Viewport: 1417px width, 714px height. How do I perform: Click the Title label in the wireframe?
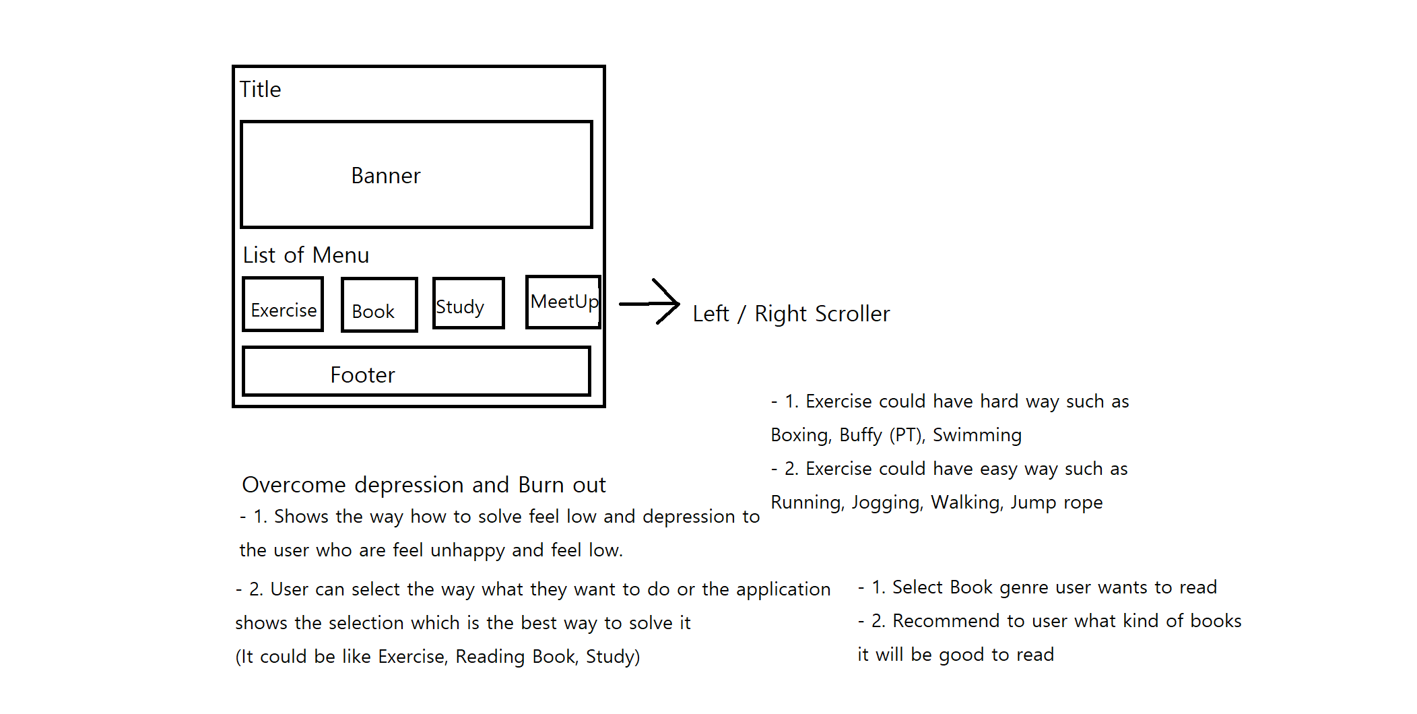[261, 90]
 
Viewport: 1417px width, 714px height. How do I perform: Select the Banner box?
[416, 174]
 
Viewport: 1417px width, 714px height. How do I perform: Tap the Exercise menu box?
[283, 305]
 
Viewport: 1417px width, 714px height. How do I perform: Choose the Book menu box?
[379, 305]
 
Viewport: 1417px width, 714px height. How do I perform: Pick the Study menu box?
[468, 303]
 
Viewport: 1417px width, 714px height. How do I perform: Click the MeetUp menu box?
[563, 302]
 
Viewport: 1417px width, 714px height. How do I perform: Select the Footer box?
[416, 371]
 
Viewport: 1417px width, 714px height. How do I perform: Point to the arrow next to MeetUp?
[650, 302]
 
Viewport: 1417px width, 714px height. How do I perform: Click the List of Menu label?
[306, 255]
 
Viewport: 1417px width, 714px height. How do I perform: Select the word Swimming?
[977, 435]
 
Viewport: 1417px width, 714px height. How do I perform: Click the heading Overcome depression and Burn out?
[424, 485]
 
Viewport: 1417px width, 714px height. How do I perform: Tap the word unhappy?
[467, 550]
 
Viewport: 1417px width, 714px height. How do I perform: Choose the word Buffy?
[860, 435]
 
